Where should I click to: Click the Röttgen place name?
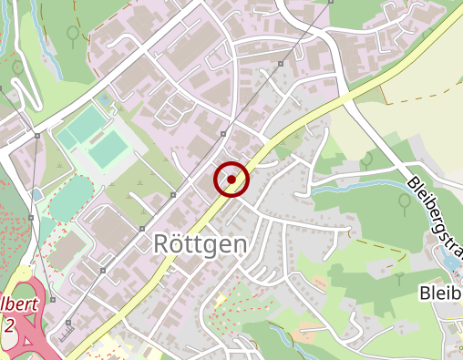(x=198, y=244)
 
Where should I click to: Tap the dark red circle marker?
(x=231, y=180)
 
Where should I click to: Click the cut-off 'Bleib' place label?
(x=441, y=293)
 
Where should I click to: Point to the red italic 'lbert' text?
(x=20, y=304)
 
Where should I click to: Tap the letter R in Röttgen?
(x=158, y=244)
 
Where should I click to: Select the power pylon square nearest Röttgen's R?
(x=142, y=228)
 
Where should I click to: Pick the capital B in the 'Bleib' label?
(x=426, y=293)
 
